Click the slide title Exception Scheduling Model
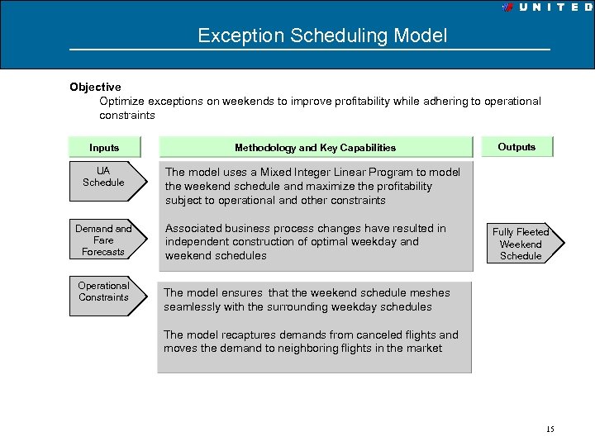322,36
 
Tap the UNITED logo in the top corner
547,7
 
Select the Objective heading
95,87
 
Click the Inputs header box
104,147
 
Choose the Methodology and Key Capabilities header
315,148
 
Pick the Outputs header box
516,147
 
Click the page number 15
550,429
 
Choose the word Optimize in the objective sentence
122,102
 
